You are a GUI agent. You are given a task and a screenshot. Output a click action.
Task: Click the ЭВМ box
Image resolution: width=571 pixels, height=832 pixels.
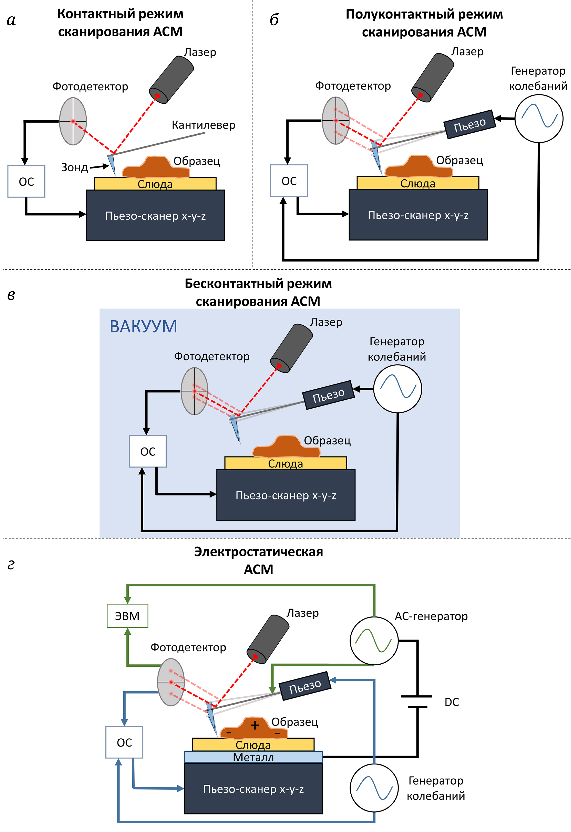pyautogui.click(x=127, y=616)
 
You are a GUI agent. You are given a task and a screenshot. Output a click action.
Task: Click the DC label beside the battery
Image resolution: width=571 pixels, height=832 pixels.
pyautogui.click(x=452, y=702)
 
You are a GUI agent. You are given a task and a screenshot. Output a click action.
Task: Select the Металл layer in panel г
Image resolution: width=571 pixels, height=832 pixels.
pyautogui.click(x=253, y=757)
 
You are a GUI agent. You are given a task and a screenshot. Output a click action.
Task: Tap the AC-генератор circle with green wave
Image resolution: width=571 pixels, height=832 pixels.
pyautogui.click(x=374, y=641)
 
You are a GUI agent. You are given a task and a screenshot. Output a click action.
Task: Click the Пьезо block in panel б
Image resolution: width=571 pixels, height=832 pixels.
pyautogui.click(x=470, y=124)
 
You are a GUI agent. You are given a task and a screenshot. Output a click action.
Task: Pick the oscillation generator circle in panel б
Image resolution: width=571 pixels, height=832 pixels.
pyautogui.click(x=538, y=118)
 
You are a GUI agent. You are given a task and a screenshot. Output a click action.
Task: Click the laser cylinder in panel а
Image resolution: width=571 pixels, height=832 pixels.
pyautogui.click(x=171, y=79)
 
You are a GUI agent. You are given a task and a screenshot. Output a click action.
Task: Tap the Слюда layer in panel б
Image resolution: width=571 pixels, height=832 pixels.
pyautogui.click(x=418, y=183)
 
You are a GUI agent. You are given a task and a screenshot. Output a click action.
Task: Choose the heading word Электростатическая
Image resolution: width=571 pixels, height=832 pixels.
pyautogui.click(x=258, y=552)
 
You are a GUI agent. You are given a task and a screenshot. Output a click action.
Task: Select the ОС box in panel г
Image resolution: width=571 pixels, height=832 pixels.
pyautogui.click(x=124, y=742)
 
